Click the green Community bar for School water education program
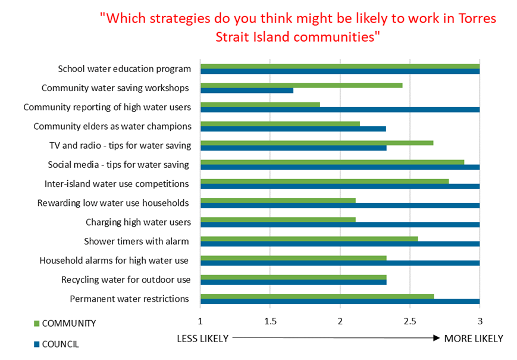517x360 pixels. (340, 66)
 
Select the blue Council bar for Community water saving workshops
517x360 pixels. (247, 90)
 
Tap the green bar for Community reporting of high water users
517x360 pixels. (260, 105)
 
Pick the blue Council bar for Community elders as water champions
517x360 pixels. (293, 129)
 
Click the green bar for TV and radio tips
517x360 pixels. (317, 143)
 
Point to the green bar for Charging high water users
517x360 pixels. (278, 220)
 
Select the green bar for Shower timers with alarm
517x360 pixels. (309, 239)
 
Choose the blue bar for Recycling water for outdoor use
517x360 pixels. (293, 282)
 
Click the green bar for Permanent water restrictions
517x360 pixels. (317, 296)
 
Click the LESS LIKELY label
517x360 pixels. (202, 338)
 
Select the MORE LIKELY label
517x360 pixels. (474, 338)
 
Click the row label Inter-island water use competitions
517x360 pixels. (117, 183)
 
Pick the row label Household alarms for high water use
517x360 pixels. (114, 260)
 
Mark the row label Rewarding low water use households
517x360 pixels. (113, 203)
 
